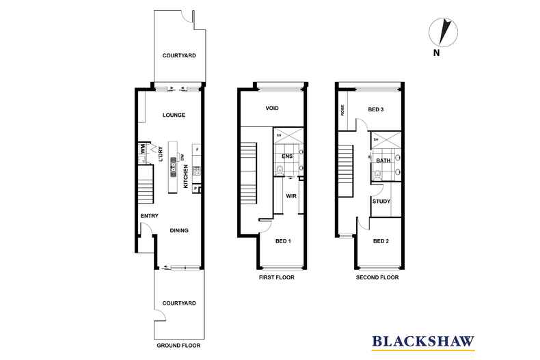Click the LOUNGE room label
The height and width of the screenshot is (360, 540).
click(174, 115)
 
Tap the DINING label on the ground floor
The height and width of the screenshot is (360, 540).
click(179, 230)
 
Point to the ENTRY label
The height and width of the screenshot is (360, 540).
click(149, 217)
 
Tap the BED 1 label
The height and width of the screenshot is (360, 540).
click(283, 242)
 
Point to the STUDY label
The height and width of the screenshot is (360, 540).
click(381, 202)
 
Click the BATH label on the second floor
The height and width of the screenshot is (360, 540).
click(383, 161)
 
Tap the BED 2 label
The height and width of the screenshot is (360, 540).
click(381, 241)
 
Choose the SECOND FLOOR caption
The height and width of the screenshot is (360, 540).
click(377, 277)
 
